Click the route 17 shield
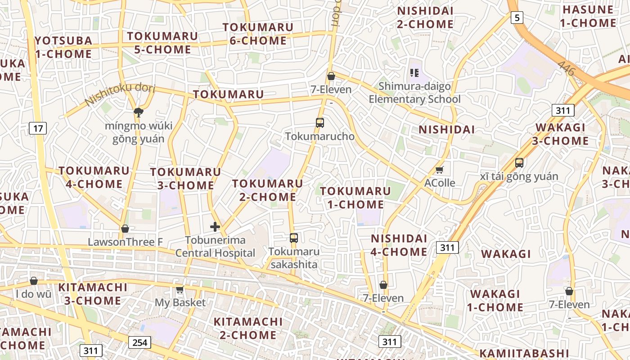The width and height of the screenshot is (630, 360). [x=38, y=129]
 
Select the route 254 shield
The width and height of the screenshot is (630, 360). [x=139, y=342]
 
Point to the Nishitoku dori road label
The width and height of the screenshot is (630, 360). [x=119, y=94]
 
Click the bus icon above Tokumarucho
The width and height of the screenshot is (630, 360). [x=320, y=122]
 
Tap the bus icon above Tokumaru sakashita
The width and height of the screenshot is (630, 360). [x=294, y=238]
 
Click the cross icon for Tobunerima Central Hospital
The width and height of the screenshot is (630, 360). [x=215, y=226]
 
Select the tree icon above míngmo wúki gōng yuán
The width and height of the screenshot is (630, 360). [x=138, y=112]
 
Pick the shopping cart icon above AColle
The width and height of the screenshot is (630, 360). [x=440, y=170]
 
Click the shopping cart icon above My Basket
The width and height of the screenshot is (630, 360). [x=180, y=289]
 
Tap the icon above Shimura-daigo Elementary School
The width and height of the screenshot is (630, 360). [x=414, y=72]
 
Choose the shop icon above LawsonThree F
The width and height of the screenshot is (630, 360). [x=125, y=229]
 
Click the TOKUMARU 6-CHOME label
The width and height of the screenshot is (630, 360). [x=258, y=34]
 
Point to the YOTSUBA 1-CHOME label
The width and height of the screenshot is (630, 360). [x=63, y=47]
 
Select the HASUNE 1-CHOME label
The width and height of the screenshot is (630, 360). [x=588, y=16]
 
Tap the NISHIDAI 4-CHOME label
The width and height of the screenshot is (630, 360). [x=399, y=245]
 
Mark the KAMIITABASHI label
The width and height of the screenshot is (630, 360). [x=524, y=353]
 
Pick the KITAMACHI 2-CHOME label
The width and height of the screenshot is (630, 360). [x=248, y=328]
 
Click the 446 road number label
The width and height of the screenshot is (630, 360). [x=566, y=68]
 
